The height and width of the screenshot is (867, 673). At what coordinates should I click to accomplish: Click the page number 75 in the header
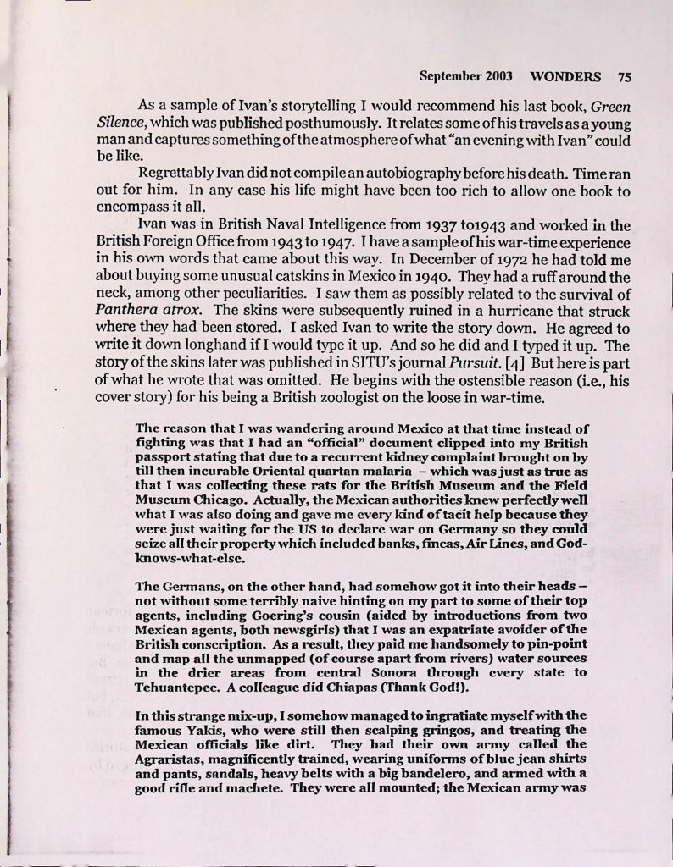(625, 75)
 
